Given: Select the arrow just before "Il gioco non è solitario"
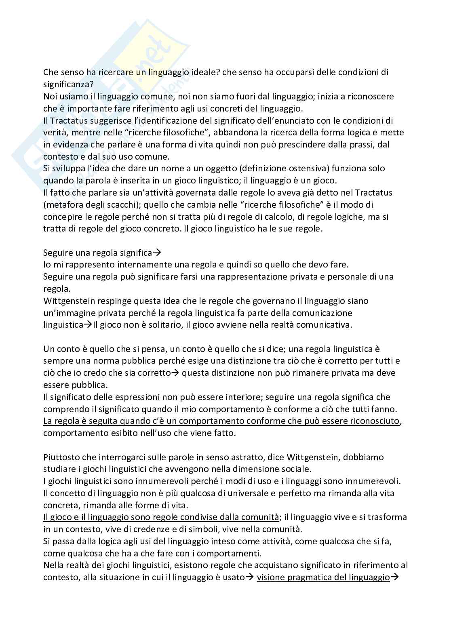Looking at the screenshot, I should pyautogui.click(x=88, y=324).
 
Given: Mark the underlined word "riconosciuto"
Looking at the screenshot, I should pyautogui.click(x=374, y=421).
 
